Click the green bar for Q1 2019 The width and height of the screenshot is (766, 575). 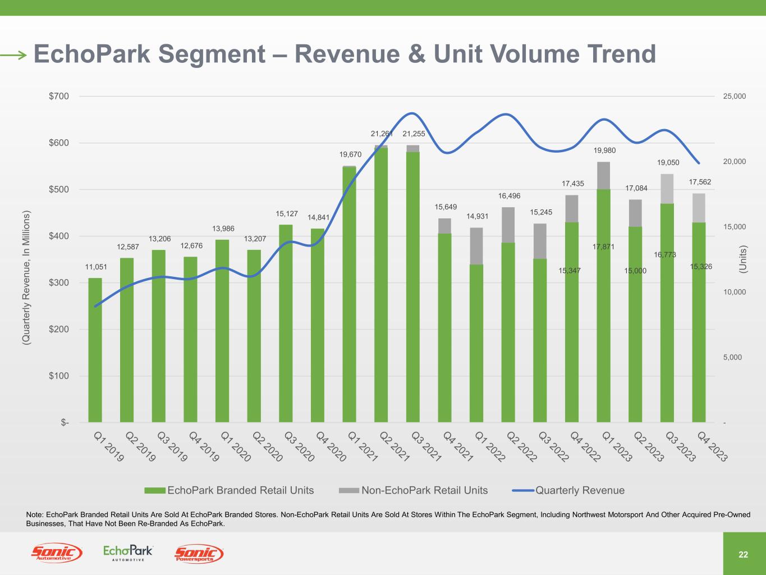tap(95, 350)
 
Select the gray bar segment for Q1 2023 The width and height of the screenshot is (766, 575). tap(603, 176)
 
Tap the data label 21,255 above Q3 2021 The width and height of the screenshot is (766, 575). tap(414, 134)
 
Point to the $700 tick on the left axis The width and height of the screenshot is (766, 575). tap(58, 96)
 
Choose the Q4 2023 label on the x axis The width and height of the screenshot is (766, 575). tap(712, 446)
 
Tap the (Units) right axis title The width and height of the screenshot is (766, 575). tap(742, 259)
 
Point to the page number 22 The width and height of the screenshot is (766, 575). tap(743, 555)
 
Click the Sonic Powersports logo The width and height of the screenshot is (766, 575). tap(199, 554)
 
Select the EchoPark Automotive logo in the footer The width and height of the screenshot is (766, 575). tap(128, 553)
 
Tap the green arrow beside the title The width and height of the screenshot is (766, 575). tap(13, 54)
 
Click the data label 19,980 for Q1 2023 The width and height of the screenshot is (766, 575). tap(605, 150)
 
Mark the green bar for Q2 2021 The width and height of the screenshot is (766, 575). tap(381, 285)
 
